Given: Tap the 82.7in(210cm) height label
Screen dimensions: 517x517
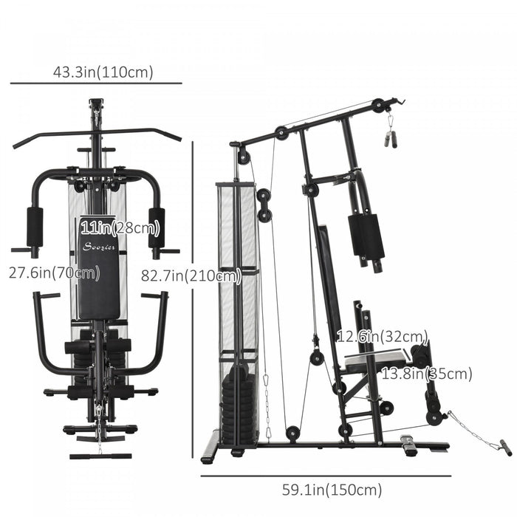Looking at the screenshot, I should click(191, 275).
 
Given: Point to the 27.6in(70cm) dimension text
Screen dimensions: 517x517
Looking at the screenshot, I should click(54, 273).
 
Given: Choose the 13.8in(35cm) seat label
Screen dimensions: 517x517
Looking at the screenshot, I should click(426, 374).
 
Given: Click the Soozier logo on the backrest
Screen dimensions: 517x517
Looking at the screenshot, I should click(98, 247).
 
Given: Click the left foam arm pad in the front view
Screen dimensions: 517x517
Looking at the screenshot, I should click(35, 227).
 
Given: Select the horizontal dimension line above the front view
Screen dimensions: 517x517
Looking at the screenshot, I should click(97, 83).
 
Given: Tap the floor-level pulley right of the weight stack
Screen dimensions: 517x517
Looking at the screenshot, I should click(294, 434).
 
